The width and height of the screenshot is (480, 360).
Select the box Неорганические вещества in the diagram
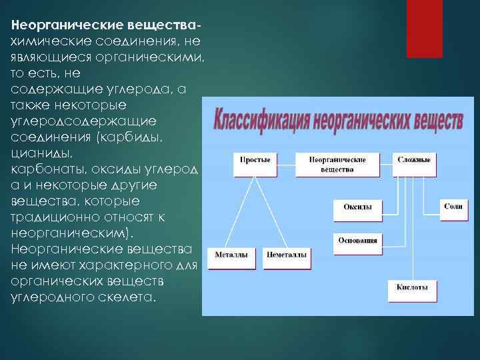point(337,165)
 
